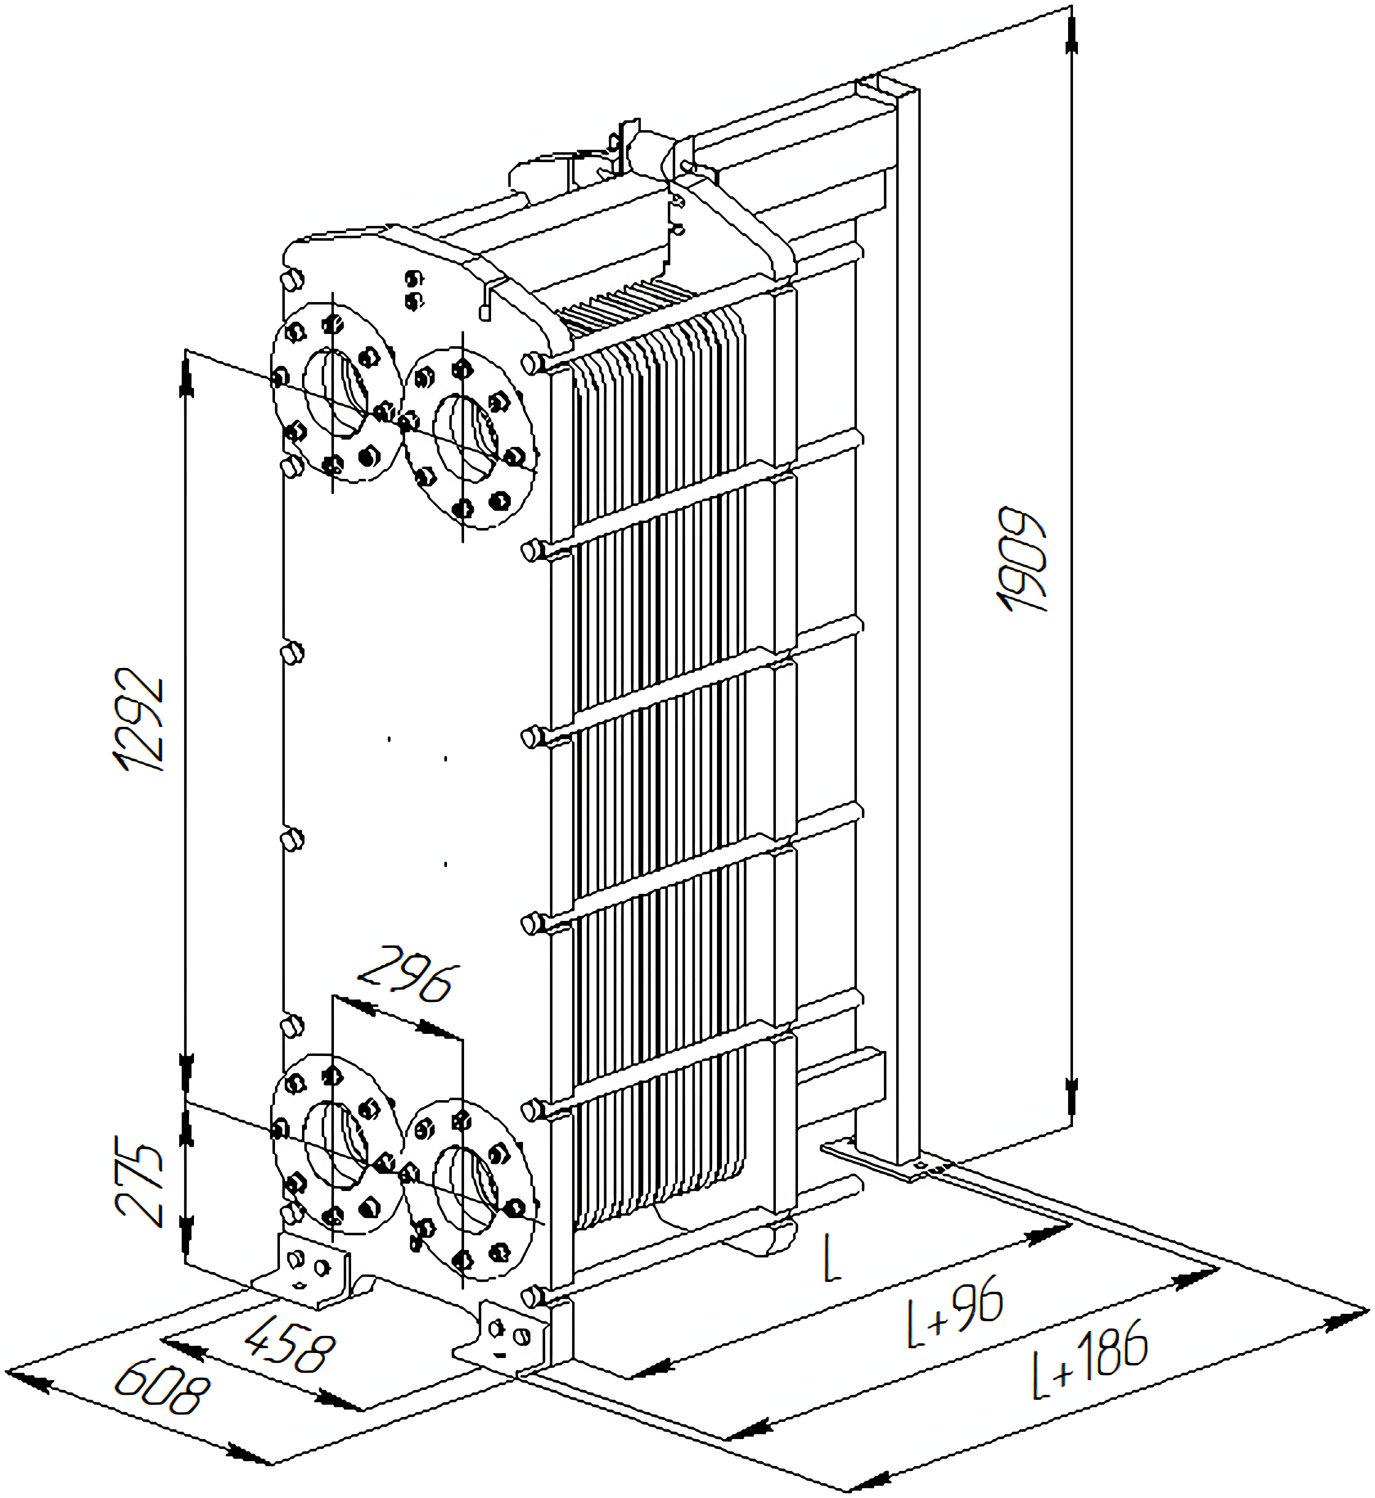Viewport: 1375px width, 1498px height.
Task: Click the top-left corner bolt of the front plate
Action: pyautogui.click(x=291, y=281)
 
